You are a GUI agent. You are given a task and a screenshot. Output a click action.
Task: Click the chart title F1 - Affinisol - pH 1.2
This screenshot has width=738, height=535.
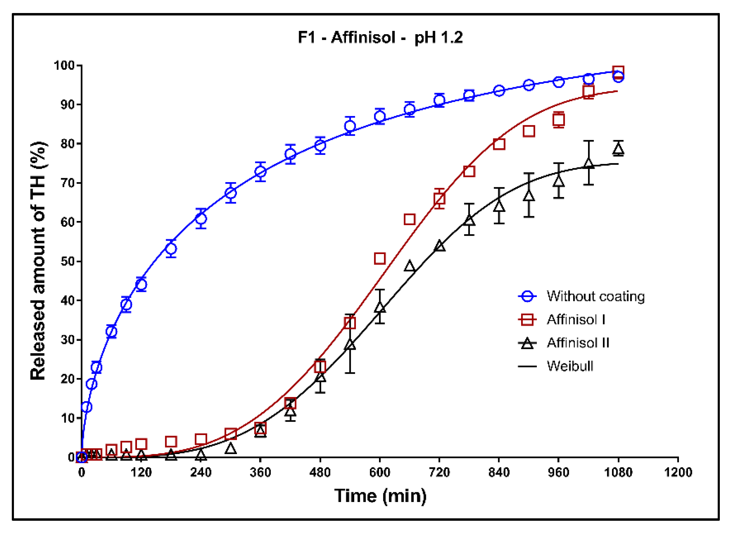380,38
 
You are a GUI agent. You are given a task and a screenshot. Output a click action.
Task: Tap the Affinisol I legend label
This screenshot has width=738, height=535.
576,319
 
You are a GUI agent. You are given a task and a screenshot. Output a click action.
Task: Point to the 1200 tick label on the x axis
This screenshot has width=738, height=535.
678,472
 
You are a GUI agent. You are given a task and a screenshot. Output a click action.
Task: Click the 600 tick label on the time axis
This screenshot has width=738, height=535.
379,472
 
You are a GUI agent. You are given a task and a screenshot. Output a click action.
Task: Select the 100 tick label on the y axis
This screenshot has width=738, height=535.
64,65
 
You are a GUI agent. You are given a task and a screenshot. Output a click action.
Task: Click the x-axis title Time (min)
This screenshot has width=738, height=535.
380,496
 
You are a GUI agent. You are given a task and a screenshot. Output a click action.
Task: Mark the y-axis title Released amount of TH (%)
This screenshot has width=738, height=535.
38,260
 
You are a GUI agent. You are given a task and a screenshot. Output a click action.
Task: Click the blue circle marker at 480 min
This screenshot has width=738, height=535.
320,145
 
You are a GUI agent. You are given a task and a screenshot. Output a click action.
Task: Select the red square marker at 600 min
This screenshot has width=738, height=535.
380,259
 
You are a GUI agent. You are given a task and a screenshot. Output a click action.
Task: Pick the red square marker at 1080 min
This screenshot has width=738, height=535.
618,71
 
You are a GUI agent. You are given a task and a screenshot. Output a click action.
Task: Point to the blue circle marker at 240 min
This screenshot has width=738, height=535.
201,219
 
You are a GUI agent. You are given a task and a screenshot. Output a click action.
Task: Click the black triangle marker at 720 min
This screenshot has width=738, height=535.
440,246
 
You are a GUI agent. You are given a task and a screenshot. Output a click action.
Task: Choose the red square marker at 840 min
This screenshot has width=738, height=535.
499,144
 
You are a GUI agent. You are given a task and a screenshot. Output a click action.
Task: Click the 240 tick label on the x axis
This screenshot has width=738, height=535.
201,472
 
